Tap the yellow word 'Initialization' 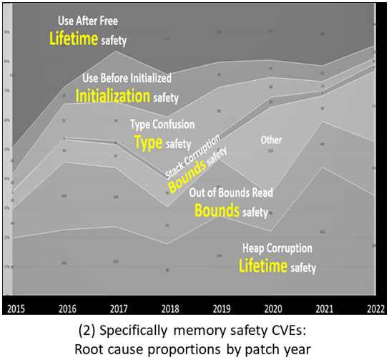tap(112, 96)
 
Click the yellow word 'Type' tap(148, 142)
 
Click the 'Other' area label tap(271, 140)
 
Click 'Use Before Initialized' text tap(128, 77)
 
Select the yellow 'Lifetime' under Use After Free tap(72, 39)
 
